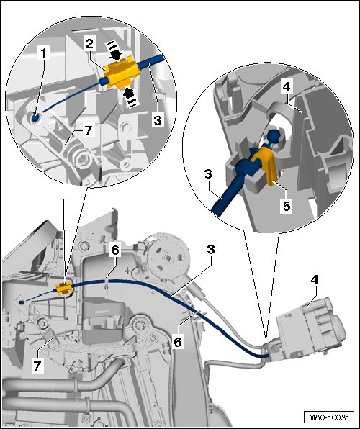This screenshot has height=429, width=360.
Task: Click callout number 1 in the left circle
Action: pos(44,53)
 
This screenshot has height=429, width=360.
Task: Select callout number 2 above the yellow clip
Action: pos(89,44)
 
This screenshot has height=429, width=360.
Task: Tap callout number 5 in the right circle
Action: pos(287,205)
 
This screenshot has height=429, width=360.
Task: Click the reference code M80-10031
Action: pos(329,417)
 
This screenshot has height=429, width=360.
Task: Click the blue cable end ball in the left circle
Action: pos(35,118)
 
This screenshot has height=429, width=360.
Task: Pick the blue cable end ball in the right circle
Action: pos(274,136)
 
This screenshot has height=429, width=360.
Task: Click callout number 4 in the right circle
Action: pos(287,87)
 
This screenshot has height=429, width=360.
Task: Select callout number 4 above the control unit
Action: pos(315,280)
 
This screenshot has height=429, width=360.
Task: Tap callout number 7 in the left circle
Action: pos(88,130)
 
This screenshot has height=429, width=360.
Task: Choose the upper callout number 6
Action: pos(114,250)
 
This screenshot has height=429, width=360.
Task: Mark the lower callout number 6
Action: pos(178,342)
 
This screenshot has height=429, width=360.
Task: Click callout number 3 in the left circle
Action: pos(158,119)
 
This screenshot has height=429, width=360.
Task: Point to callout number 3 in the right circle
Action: pos(209,173)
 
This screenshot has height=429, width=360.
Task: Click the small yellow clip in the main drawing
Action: pos(64,289)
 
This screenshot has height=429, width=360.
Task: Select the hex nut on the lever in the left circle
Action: pos(82,160)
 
